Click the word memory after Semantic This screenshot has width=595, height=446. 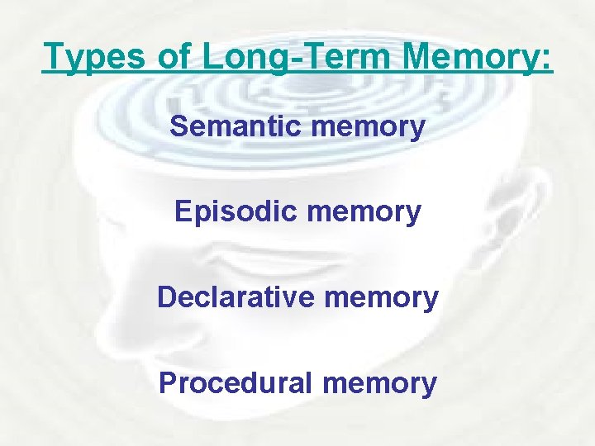[x=368, y=128]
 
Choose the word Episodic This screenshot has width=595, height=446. [x=237, y=212]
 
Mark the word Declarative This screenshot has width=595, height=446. [x=235, y=297]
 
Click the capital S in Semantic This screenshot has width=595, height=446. [x=178, y=126]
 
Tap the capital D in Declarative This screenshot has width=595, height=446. [x=167, y=297]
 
